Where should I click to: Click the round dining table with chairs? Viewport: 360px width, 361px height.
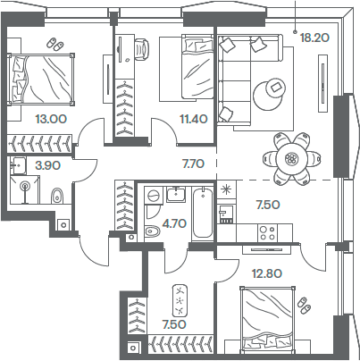[289, 157]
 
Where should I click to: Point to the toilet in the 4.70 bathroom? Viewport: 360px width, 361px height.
[151, 233]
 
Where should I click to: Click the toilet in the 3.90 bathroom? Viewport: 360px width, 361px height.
[57, 196]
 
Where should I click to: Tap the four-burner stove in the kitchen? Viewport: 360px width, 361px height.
[267, 231]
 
